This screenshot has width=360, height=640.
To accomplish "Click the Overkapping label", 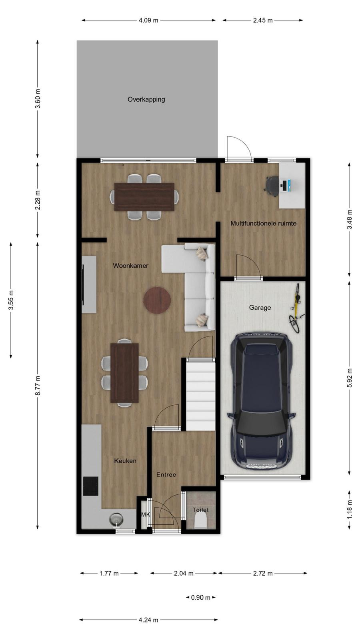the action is tap(146, 100).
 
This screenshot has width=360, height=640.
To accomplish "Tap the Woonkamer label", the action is tap(130, 266).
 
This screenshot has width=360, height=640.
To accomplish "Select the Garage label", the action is tap(260, 308).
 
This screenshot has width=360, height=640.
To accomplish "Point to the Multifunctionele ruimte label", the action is tap(264, 224).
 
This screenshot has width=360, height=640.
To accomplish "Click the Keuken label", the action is tap(125, 461).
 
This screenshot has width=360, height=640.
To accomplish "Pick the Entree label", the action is tap(166, 474).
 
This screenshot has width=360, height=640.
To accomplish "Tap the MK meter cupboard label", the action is tap(146, 514).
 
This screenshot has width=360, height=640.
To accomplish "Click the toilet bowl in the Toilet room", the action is tap(200, 522).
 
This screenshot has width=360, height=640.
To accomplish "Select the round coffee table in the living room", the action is tap(157, 300).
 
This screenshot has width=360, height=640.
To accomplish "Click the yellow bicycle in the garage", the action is tap(296, 308).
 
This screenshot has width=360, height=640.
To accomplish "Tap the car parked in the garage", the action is tap(262, 402).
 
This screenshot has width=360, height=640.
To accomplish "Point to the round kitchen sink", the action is tap(116, 519).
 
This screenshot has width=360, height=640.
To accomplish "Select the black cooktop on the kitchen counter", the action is tap(90, 486).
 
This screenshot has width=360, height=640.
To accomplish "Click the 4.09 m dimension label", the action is tap(148, 20).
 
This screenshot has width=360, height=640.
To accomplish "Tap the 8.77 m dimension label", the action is tap(38, 386).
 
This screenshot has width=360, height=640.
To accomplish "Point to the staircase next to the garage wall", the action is tap(200, 395).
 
